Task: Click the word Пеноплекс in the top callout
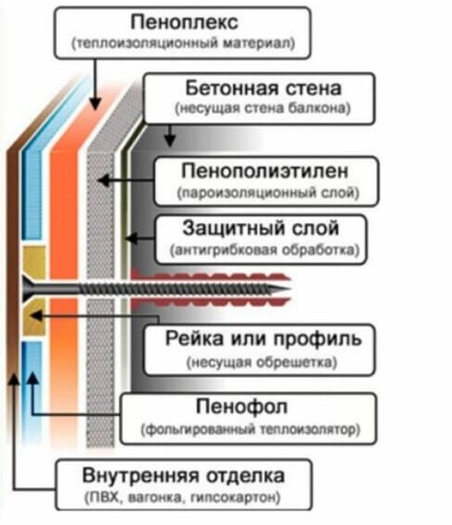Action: pyautogui.click(x=184, y=22)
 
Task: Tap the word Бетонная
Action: pyautogui.click(x=232, y=88)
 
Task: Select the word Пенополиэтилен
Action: pyautogui.click(x=264, y=171)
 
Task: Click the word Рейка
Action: pyautogui.click(x=194, y=338)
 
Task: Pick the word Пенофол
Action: pyautogui.click(x=242, y=407)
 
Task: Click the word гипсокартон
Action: pyautogui.click(x=235, y=497)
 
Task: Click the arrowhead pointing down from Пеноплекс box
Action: pyautogui.click(x=95, y=103)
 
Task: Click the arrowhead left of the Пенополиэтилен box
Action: pyautogui.click(x=104, y=180)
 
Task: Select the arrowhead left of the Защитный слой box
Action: pyautogui.click(x=131, y=238)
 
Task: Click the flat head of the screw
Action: pyautogui.click(x=26, y=288)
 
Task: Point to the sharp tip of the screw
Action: pyautogui.click(x=288, y=289)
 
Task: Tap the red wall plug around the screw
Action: pyautogui.click(x=210, y=288)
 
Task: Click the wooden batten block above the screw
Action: pyautogui.click(x=34, y=262)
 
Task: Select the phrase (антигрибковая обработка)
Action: pyautogui.click(x=264, y=250)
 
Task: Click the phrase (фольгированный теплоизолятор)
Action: pyautogui.click(x=250, y=429)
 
